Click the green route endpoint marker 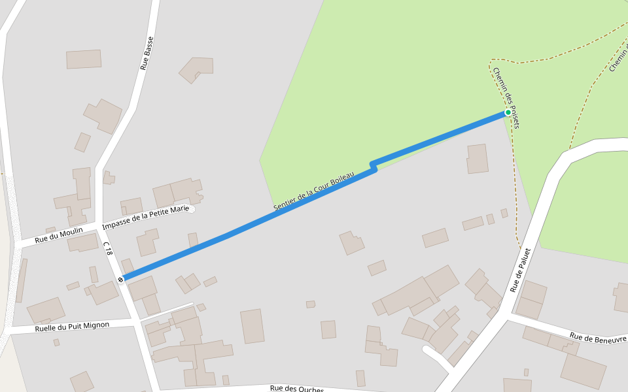coord(508,112)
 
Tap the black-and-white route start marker coord(121,280)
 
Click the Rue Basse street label coord(147,53)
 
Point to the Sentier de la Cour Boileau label coord(313,191)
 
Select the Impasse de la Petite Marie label coord(145,215)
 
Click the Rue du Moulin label coord(59,235)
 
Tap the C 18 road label coord(108,248)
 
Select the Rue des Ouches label coord(297,389)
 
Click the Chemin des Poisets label coord(506,97)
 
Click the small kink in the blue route coord(373,166)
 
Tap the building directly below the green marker coord(477,159)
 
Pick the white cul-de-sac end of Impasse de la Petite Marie coord(191,209)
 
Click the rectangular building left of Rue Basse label coord(84,59)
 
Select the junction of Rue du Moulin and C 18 coord(100,227)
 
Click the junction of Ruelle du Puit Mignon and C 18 coord(135,321)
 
